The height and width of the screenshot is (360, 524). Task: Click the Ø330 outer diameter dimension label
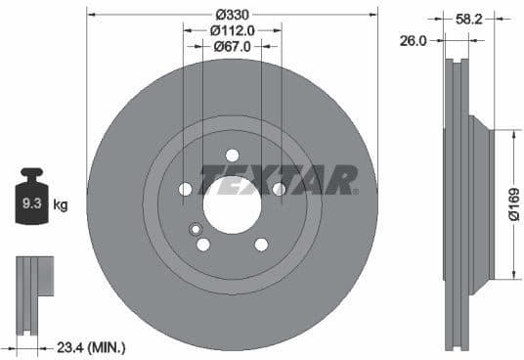coord(232,15)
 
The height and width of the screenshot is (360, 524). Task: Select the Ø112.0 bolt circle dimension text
coord(232,30)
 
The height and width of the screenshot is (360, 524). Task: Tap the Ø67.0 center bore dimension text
coord(232,46)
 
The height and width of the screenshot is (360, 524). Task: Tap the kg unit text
coord(60,205)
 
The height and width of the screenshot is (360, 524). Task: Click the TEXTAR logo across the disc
coord(278,180)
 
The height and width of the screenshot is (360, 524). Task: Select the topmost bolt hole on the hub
coord(233,155)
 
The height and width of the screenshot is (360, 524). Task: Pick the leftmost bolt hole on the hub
coord(186,189)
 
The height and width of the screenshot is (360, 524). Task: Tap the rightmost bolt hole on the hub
coord(280,189)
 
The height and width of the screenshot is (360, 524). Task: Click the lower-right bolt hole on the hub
coord(261,244)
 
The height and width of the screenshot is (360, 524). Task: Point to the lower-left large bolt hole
coord(203,244)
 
